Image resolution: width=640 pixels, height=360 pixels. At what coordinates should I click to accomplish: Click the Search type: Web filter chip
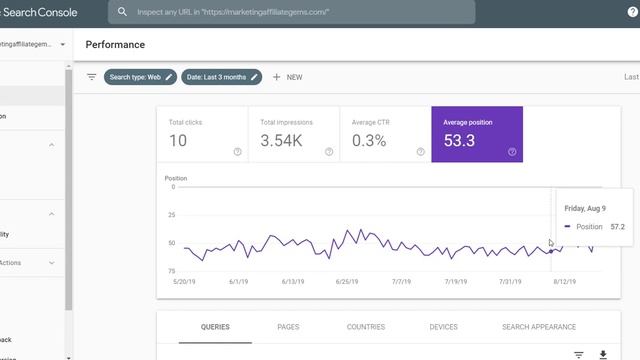click(x=140, y=77)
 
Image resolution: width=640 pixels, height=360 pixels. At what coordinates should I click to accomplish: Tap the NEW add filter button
click(x=287, y=77)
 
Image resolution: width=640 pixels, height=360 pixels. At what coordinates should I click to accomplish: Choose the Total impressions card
click(x=293, y=133)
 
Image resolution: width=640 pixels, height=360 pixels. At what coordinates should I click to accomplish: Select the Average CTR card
click(x=385, y=133)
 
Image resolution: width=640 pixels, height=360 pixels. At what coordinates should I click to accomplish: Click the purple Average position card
click(x=476, y=133)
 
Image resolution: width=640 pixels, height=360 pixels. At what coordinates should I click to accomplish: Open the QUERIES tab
click(x=215, y=327)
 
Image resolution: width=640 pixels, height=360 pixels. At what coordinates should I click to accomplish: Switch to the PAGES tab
click(x=288, y=327)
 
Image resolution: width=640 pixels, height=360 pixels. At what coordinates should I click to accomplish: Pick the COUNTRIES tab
click(x=366, y=327)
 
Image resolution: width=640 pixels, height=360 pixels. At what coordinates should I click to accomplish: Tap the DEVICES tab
click(x=443, y=327)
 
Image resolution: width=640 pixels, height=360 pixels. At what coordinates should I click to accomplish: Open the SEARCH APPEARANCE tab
click(x=539, y=327)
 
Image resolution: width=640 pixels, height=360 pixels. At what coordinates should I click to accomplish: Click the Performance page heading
click(x=115, y=45)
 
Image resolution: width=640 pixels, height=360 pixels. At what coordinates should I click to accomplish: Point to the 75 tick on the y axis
click(x=171, y=271)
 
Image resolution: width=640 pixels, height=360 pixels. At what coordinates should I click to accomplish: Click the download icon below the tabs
click(x=603, y=355)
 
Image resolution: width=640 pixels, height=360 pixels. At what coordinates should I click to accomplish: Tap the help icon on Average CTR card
click(x=420, y=152)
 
